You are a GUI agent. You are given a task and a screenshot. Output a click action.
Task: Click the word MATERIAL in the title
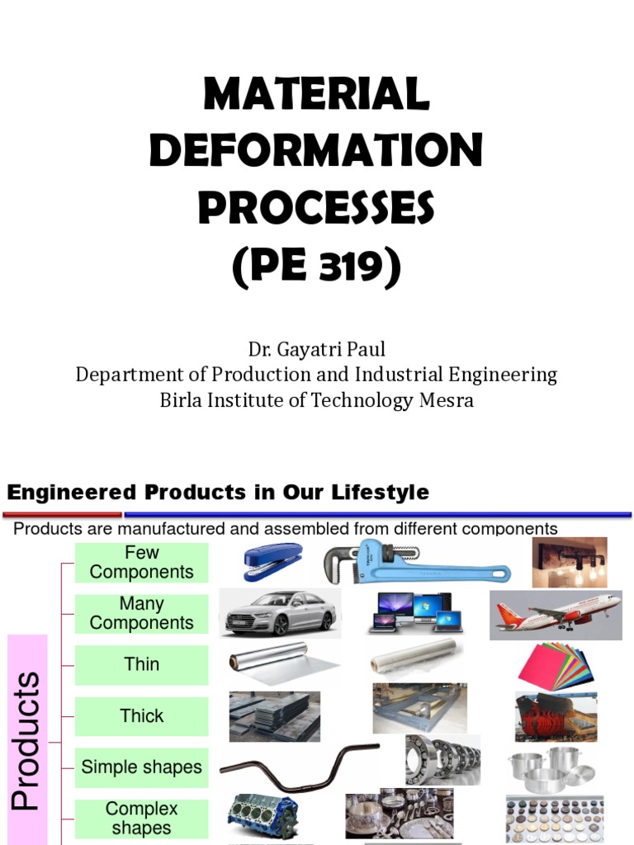pos(316,94)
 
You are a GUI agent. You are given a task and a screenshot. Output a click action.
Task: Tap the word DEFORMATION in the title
pos(316,150)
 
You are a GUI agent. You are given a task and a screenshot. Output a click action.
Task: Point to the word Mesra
pos(446,401)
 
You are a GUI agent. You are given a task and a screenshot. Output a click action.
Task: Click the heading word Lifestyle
pos(381,493)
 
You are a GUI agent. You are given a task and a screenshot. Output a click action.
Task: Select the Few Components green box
pos(141,563)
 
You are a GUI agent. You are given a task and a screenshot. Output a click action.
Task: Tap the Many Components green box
pos(141,614)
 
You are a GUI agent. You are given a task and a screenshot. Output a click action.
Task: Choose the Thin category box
pos(141,665)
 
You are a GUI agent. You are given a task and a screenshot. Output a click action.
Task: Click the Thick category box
pos(141,716)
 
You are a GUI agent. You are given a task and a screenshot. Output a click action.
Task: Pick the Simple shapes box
pos(141,767)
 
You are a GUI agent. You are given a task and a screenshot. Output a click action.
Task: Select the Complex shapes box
pos(141,818)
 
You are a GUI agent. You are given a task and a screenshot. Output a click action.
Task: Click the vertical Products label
pos(27,739)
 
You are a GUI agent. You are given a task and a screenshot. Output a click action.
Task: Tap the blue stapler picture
pos(272,561)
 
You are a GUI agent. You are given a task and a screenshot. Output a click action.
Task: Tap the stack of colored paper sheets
pos(555,667)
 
